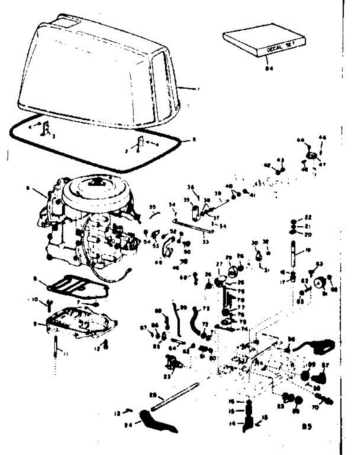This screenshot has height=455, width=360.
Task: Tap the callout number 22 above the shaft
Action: (308, 217)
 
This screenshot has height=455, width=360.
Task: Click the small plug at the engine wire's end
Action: (129, 270)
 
